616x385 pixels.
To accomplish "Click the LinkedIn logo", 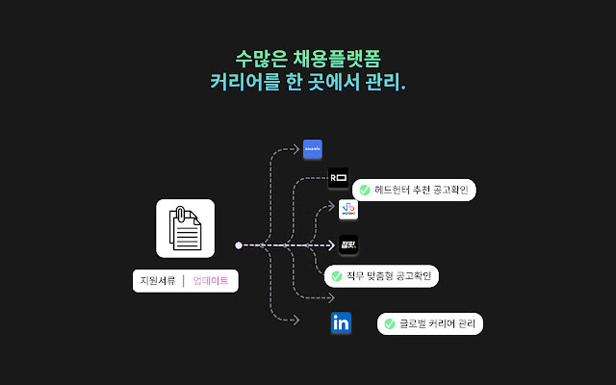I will coord(341,323).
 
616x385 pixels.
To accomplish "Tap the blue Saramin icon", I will coord(312,149).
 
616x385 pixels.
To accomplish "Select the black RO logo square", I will coord(338,178).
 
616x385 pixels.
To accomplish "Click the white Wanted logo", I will coord(348,209).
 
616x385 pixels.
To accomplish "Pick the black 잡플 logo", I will coord(348,245).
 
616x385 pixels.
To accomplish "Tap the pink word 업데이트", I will coord(211,281).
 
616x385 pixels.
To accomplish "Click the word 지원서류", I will coord(158,281).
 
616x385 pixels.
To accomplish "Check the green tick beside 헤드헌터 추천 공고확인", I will coord(365,190).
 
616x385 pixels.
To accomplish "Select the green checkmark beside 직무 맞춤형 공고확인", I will coord(337,276).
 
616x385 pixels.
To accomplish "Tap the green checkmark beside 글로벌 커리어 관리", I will coord(390,323).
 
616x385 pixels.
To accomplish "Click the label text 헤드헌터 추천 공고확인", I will coord(421,190).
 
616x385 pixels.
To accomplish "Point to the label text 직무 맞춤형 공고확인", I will coord(389,276).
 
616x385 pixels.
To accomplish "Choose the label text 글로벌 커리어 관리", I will coord(437,323).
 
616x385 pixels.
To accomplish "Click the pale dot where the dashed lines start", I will coord(239,246).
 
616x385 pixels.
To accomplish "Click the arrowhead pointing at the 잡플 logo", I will coord(331,245).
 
